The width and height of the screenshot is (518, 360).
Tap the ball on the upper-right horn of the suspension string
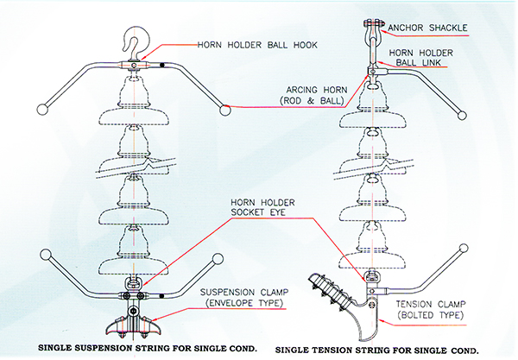point(225,109)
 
